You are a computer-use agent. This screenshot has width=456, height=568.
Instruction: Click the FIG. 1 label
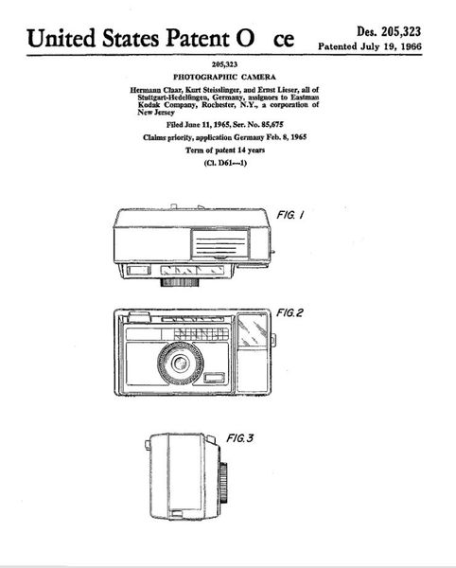point(289,215)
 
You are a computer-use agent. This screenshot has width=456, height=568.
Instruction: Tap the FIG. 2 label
point(289,312)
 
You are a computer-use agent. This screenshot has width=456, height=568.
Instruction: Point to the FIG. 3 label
point(240,438)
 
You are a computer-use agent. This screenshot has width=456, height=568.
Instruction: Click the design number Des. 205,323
point(389,32)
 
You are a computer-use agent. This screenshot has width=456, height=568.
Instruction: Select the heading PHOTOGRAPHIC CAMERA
point(224,77)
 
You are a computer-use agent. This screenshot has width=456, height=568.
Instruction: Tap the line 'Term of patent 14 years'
point(225,150)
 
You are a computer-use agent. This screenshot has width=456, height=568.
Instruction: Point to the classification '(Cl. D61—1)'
point(225,163)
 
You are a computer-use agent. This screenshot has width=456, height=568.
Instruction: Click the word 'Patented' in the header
point(338,46)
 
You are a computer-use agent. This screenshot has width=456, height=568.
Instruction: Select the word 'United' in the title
point(61,38)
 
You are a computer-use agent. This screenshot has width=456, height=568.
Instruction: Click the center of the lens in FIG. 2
point(180,363)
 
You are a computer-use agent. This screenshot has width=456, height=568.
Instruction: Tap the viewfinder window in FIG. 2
point(253,329)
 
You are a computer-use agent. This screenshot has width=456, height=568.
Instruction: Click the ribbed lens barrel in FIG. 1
point(180,282)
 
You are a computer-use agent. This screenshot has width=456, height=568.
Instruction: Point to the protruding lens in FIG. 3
point(223,482)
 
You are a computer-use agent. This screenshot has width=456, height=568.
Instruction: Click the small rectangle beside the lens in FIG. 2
point(214,378)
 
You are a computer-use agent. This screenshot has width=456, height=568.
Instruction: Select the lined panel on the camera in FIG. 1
point(220,245)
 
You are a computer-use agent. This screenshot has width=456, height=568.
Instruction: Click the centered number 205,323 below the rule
point(224,64)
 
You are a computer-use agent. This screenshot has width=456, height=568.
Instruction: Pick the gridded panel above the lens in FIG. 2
point(202,333)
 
